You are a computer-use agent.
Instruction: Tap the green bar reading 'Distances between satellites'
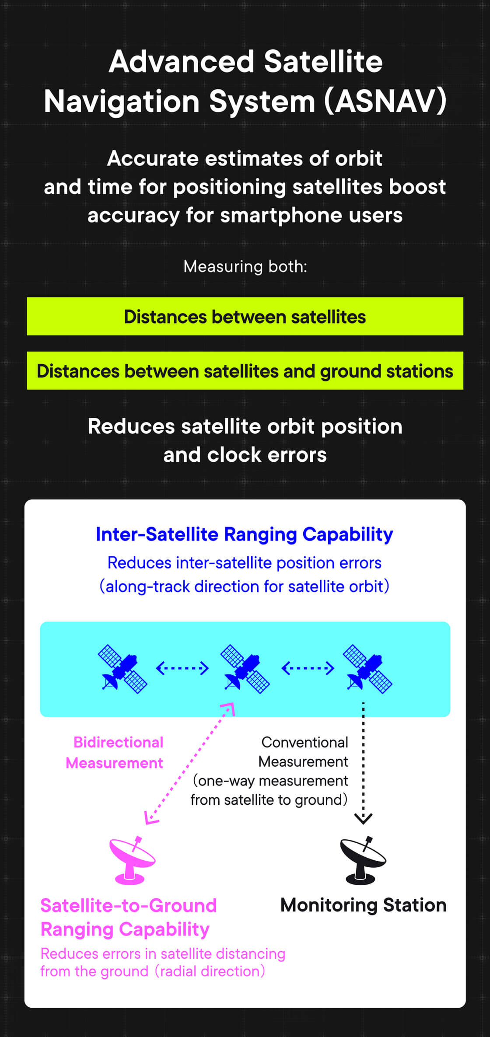(245, 316)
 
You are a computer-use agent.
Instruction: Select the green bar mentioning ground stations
(245, 370)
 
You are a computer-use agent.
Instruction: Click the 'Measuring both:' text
(245, 266)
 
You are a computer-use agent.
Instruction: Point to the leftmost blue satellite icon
(122, 669)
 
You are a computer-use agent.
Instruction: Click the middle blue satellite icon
(245, 669)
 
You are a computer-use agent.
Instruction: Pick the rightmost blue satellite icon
(367, 669)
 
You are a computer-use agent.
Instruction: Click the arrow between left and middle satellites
(182, 668)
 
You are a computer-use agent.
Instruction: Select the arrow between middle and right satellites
(308, 668)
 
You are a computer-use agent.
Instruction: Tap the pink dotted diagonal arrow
(189, 764)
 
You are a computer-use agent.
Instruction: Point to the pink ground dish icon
(132, 860)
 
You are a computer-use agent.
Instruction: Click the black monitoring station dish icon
(363, 860)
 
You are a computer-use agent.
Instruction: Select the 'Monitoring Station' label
(363, 905)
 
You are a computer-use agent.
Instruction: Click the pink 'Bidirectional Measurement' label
(114, 752)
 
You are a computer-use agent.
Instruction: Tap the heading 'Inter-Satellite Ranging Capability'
(245, 534)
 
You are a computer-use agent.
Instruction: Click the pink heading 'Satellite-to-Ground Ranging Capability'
(129, 917)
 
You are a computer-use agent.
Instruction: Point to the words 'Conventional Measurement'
(304, 752)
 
